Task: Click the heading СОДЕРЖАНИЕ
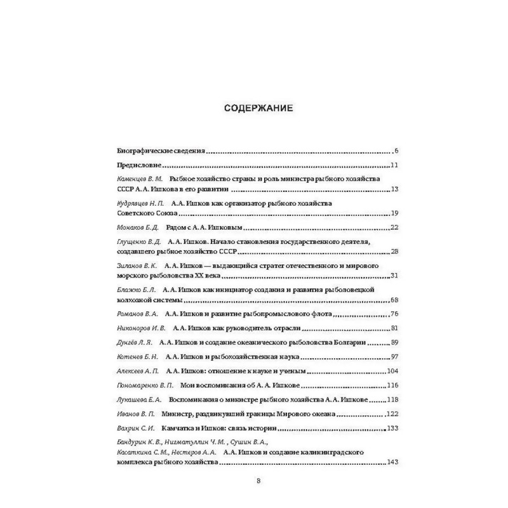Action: pos(258,108)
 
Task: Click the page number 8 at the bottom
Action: pos(258,481)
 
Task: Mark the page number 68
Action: pos(394,299)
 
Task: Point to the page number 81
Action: pos(394,328)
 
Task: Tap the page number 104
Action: pos(391,370)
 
